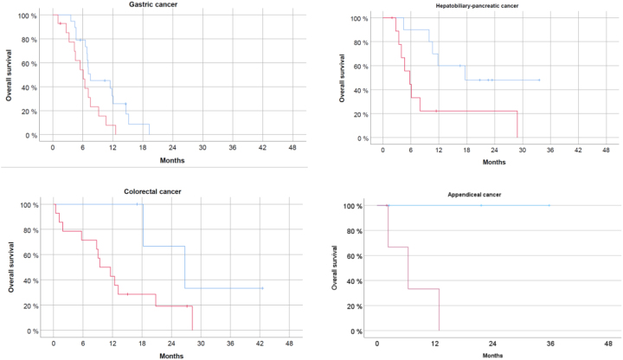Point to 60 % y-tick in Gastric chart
pyautogui.click(x=29, y=64)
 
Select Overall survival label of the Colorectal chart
pyautogui.click(x=10, y=267)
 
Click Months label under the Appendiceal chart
pyautogui.click(x=492, y=355)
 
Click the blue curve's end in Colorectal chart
pyautogui.click(x=262, y=288)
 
